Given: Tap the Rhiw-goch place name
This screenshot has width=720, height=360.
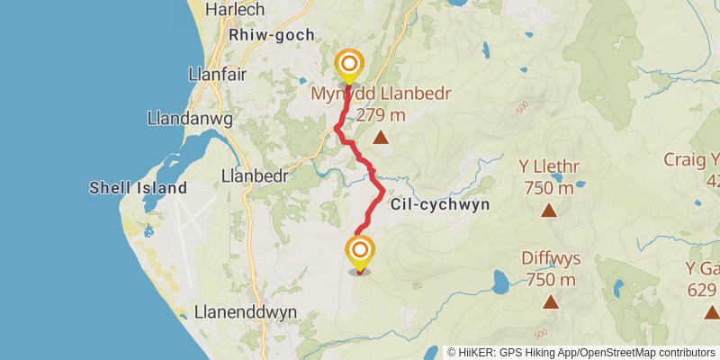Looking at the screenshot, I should click(x=272, y=35).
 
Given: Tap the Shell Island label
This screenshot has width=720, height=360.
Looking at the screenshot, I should click(x=138, y=188).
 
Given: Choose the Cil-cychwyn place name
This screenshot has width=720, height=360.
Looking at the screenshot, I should click(x=440, y=204).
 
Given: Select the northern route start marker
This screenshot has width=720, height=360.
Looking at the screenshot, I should click(x=348, y=65).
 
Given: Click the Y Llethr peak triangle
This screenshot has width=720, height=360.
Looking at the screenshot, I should click(x=548, y=211).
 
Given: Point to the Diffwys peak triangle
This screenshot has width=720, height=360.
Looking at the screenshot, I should click(x=550, y=302).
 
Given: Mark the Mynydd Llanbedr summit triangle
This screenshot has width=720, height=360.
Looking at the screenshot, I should click(x=381, y=138).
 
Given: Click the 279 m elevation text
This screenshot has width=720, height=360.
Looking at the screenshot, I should click(x=382, y=115).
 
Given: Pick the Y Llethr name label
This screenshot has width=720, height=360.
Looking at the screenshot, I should click(x=549, y=167).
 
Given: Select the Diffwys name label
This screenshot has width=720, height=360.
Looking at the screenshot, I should click(x=551, y=258).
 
